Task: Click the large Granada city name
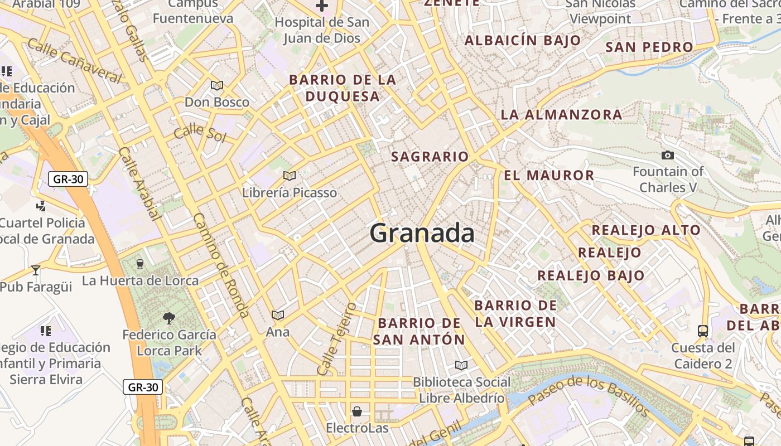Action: coord(422,232)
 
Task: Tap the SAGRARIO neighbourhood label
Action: coord(430,157)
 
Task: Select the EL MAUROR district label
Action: coord(549,176)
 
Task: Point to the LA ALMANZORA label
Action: coord(561,115)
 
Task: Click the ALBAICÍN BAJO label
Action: coord(523,40)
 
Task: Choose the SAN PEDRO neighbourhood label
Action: coord(649,47)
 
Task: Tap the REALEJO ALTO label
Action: coord(645,230)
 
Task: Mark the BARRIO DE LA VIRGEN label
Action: coord(515,313)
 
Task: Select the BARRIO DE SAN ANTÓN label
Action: coord(419,331)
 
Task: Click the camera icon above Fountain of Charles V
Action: coord(667,155)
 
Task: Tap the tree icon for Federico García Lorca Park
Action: coord(168,318)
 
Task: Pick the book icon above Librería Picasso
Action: coord(289,176)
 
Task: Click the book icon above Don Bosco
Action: coord(216,86)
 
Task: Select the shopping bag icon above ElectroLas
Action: coord(356,412)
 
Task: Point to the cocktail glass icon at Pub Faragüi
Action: coord(36,270)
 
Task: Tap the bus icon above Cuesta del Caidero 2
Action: coord(702,331)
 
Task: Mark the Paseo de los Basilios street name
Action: coord(589,395)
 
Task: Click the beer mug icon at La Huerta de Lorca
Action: coord(140,264)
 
